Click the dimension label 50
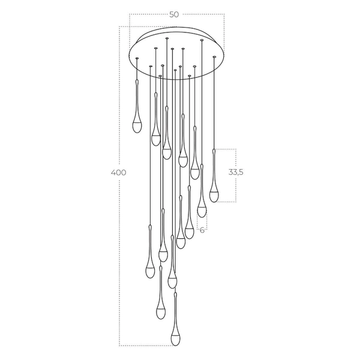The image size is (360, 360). [175, 14]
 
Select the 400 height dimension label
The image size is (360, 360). [119, 173]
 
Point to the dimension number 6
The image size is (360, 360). [202, 230]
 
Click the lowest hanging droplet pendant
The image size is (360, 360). [176, 336]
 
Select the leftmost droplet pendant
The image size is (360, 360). [137, 123]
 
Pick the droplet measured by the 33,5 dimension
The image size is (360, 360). [214, 192]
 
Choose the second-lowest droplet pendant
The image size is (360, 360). [161, 310]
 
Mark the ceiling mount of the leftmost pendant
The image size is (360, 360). [137, 58]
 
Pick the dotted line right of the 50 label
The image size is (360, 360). [204, 14]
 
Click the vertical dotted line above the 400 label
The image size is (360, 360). [119, 96]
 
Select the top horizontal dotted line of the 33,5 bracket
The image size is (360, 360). [225, 149]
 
